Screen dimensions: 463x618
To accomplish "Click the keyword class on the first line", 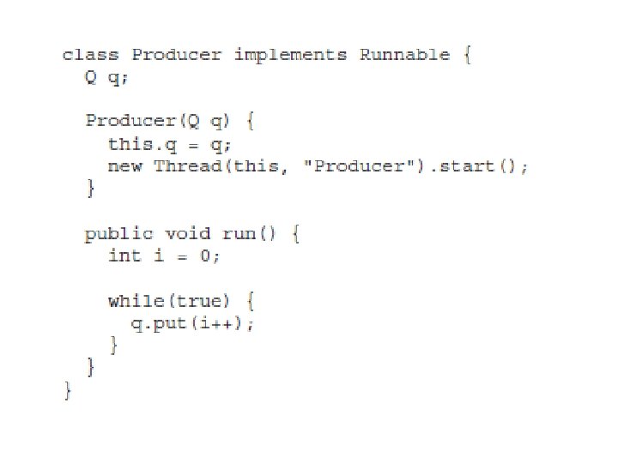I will pos(91,55).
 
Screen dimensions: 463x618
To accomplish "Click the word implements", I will pos(290,55).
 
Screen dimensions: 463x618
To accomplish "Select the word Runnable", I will pos(404,55).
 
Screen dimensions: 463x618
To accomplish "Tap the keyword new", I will pos(125,166).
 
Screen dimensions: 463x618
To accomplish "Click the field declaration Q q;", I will pos(107,77).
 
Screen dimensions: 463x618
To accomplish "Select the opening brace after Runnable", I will pos(467,55).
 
